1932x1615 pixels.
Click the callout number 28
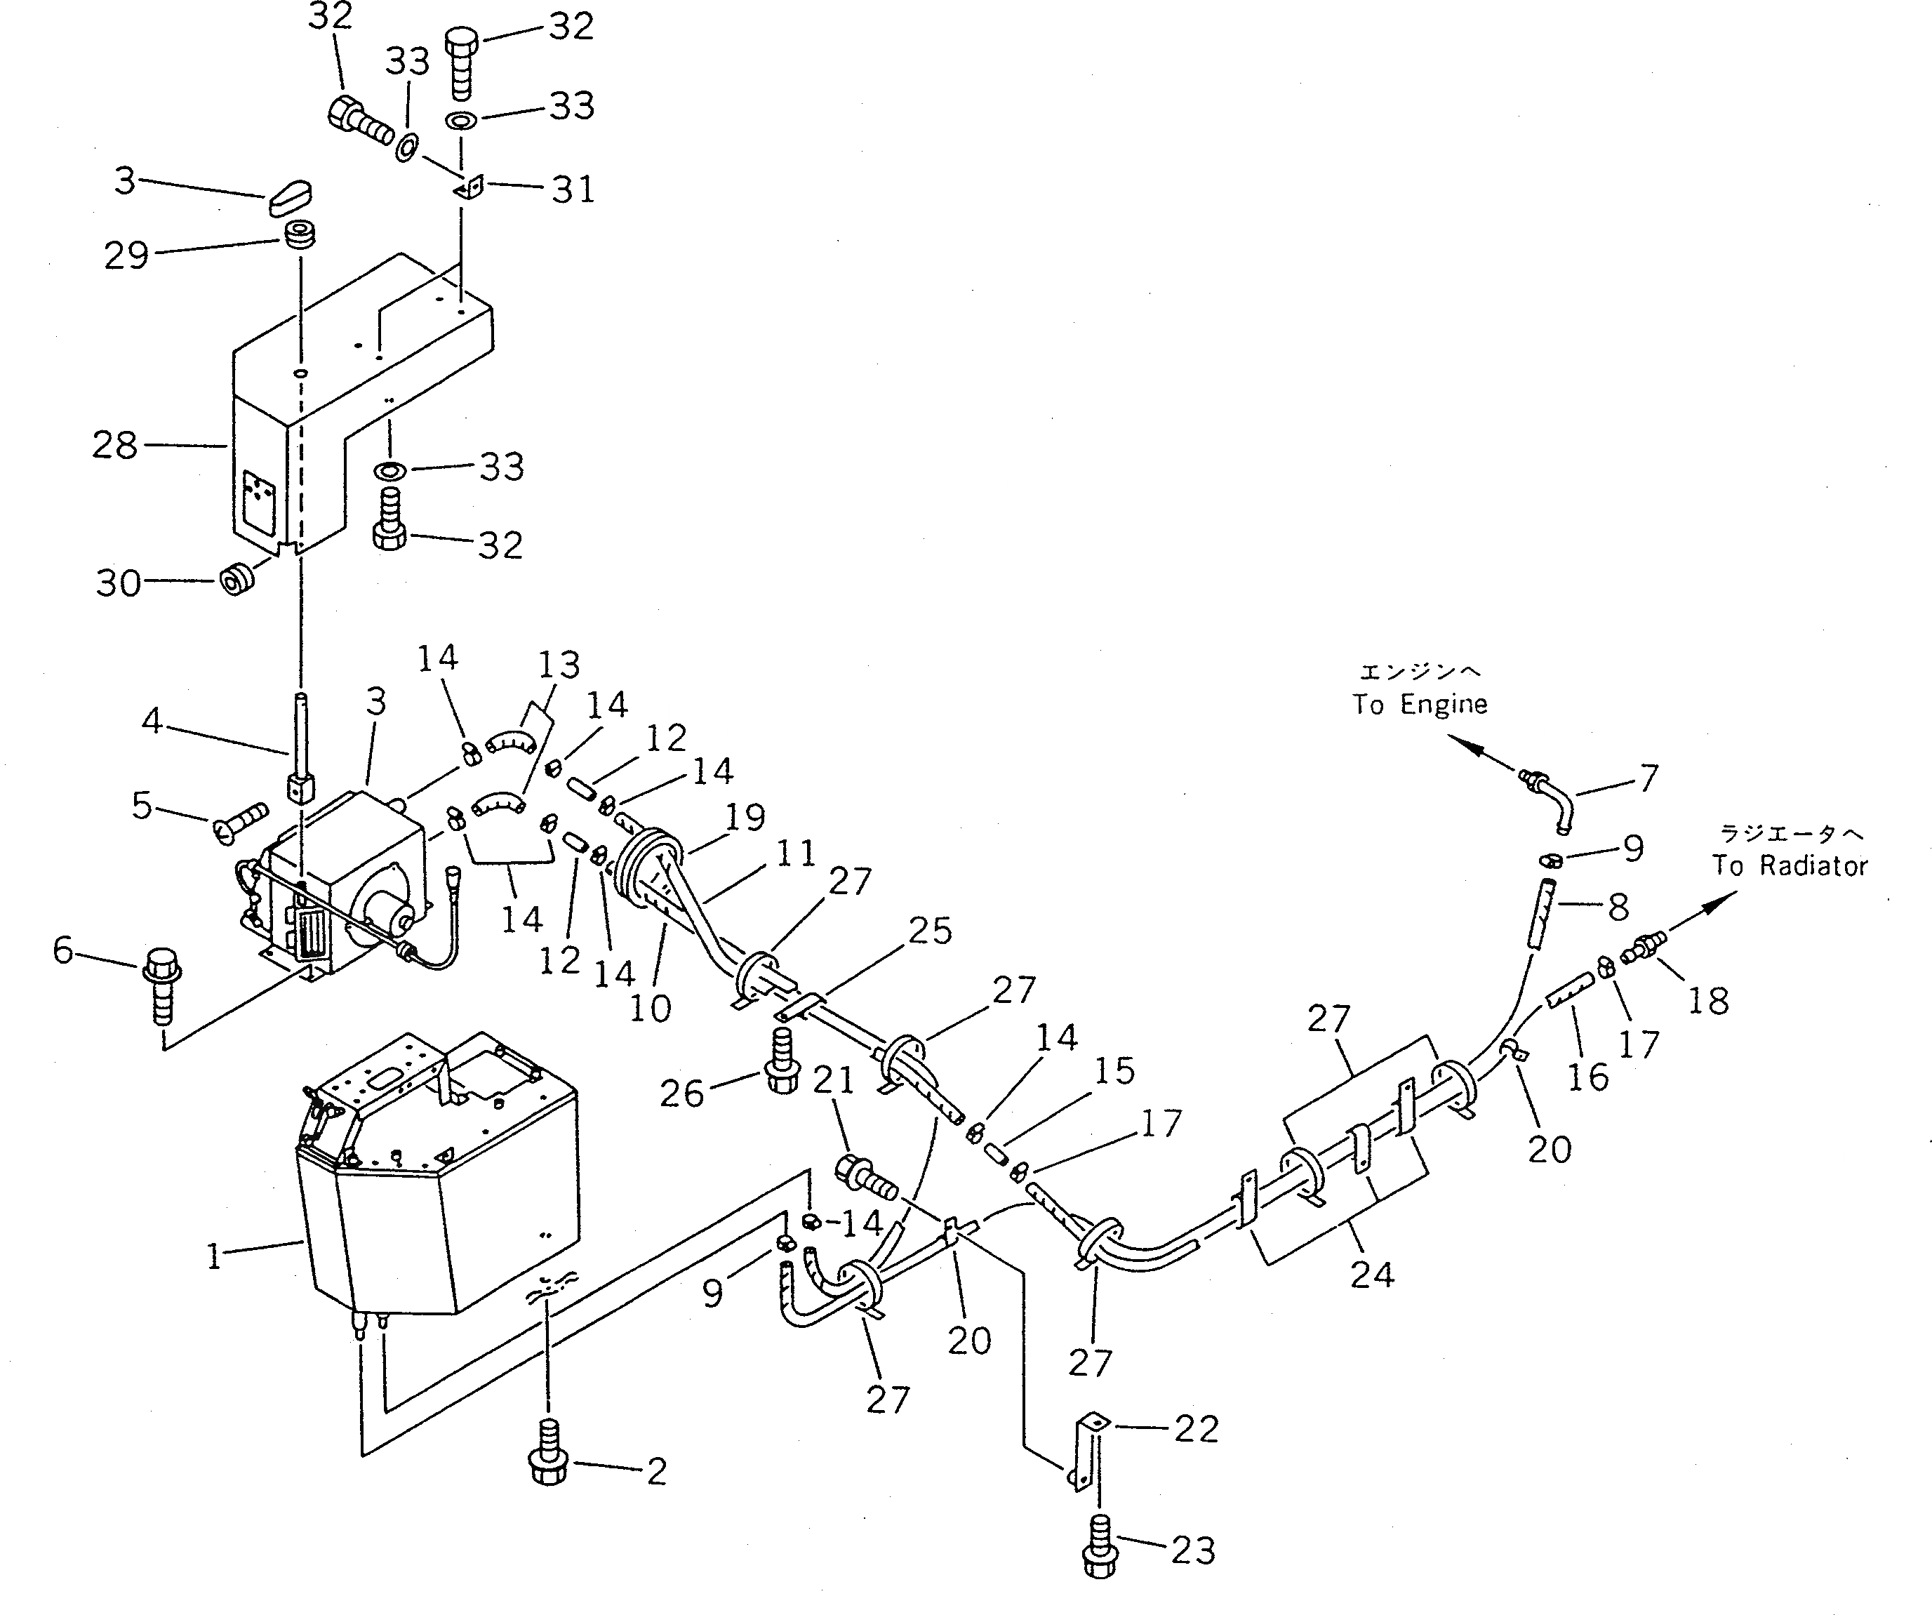(x=115, y=446)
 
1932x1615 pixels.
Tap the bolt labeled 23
(x=1100, y=1553)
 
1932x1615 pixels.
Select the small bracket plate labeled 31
(x=469, y=187)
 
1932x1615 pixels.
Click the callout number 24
(x=1372, y=1275)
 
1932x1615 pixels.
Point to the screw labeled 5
(x=240, y=822)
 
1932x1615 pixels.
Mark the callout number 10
(x=650, y=1009)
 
